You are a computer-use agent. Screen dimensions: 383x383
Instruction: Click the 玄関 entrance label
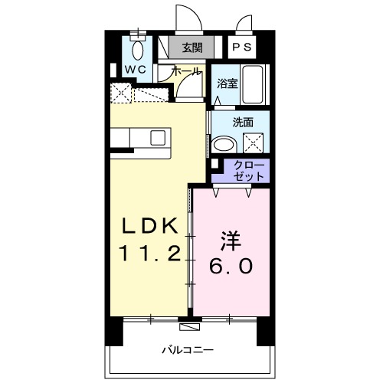click(191, 48)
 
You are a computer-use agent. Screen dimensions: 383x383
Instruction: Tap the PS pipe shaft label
click(241, 48)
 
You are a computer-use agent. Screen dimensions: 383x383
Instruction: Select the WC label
click(136, 69)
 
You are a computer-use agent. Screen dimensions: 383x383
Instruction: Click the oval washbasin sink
click(224, 144)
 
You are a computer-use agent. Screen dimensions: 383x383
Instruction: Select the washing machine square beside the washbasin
click(254, 143)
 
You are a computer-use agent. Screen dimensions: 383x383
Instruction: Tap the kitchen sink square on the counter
click(158, 138)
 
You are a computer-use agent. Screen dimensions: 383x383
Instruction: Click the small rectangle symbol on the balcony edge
click(188, 326)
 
